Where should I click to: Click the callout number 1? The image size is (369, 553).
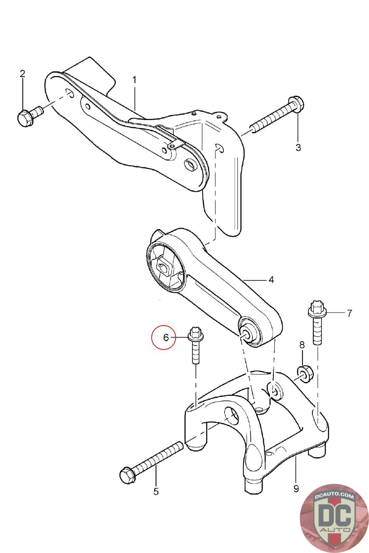click(x=134, y=80)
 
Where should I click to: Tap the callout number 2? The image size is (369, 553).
click(x=23, y=74)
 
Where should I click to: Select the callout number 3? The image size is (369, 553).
click(x=298, y=148)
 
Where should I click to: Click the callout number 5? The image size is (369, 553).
click(x=156, y=491)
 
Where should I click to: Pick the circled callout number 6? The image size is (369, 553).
click(x=166, y=337)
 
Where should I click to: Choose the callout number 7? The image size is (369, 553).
click(x=349, y=313)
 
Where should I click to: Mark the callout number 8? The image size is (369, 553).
click(x=302, y=345)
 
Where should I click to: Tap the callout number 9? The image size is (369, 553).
click(x=296, y=488)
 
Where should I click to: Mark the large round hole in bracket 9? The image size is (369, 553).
click(x=231, y=414)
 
